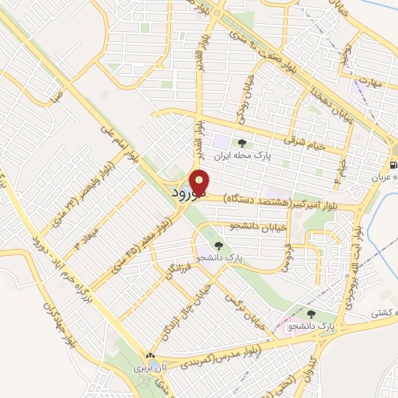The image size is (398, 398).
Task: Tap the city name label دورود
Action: point(185,195)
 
